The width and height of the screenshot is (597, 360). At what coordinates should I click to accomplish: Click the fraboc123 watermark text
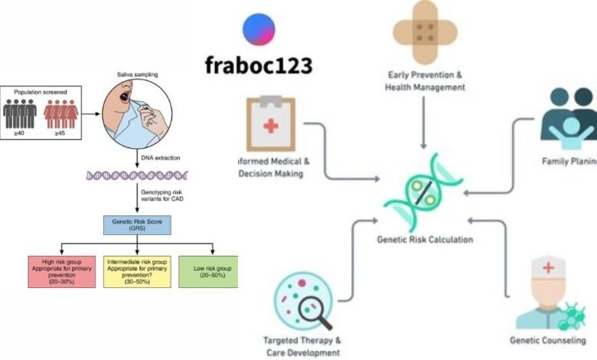click(258, 66)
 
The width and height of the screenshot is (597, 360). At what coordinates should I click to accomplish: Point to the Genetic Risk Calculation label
click(425, 239)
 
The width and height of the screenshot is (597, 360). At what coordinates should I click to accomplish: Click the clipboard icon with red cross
click(271, 123)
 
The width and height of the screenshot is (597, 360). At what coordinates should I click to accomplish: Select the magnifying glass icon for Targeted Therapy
click(304, 302)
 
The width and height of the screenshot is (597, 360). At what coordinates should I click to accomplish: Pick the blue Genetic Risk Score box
click(137, 224)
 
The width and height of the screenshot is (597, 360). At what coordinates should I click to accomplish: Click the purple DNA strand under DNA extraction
click(137, 175)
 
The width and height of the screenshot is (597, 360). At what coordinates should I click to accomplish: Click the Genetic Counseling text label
click(547, 339)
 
